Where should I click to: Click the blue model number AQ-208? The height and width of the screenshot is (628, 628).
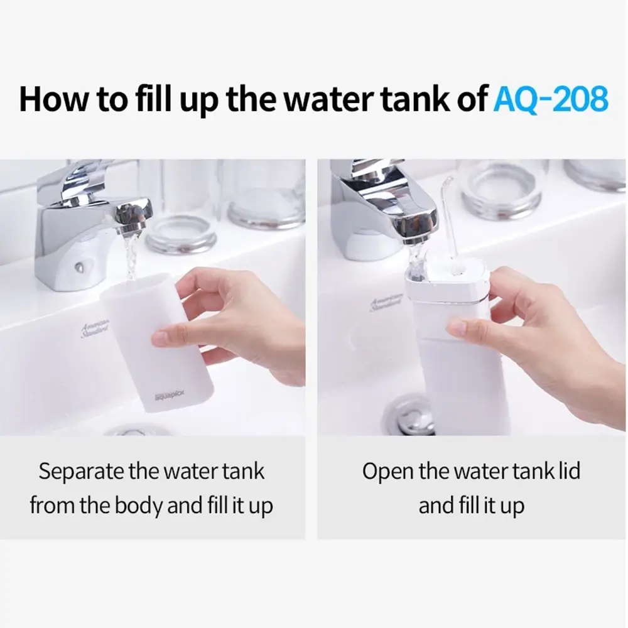[551, 99]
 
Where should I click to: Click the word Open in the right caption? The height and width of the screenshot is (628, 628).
[387, 472]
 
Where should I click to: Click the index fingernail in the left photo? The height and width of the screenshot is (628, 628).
[161, 338]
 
